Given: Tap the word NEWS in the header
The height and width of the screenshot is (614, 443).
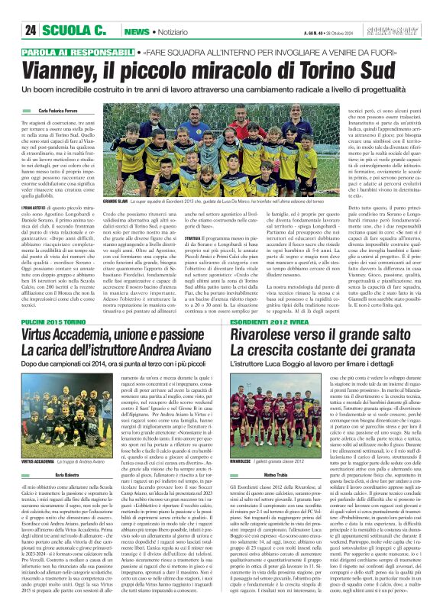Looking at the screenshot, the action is pyautogui.click(x=137, y=31).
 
